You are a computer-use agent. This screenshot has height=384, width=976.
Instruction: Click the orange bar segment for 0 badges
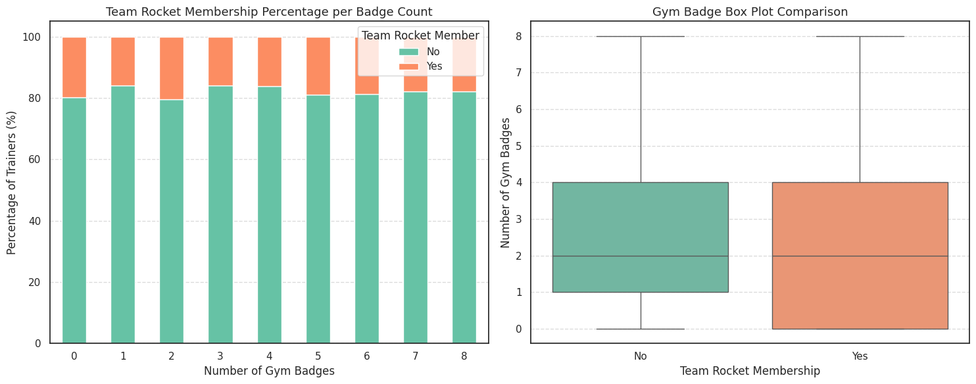coord(74,67)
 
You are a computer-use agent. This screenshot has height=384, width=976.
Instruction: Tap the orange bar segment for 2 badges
coord(172,68)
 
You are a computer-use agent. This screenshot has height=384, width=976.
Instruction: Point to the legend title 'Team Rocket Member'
coord(421,36)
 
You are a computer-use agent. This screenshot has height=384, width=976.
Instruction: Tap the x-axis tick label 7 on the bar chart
coord(415,356)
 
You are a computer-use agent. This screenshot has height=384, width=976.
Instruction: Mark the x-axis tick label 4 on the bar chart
coord(269,356)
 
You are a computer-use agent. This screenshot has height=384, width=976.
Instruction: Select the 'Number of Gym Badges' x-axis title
coord(269,371)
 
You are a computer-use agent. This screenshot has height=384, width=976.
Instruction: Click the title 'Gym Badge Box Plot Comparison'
coord(750,12)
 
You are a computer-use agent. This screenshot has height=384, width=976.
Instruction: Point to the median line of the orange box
coord(860,256)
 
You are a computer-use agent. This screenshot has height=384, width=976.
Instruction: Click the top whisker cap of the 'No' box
coord(641,36)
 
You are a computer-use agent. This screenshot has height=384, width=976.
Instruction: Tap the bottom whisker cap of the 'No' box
coord(641,329)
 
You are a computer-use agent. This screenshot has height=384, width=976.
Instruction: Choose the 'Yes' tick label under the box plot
coord(860,356)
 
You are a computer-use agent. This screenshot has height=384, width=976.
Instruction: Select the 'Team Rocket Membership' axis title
coord(750,371)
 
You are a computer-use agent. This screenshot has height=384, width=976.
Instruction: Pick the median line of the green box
coord(641,256)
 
